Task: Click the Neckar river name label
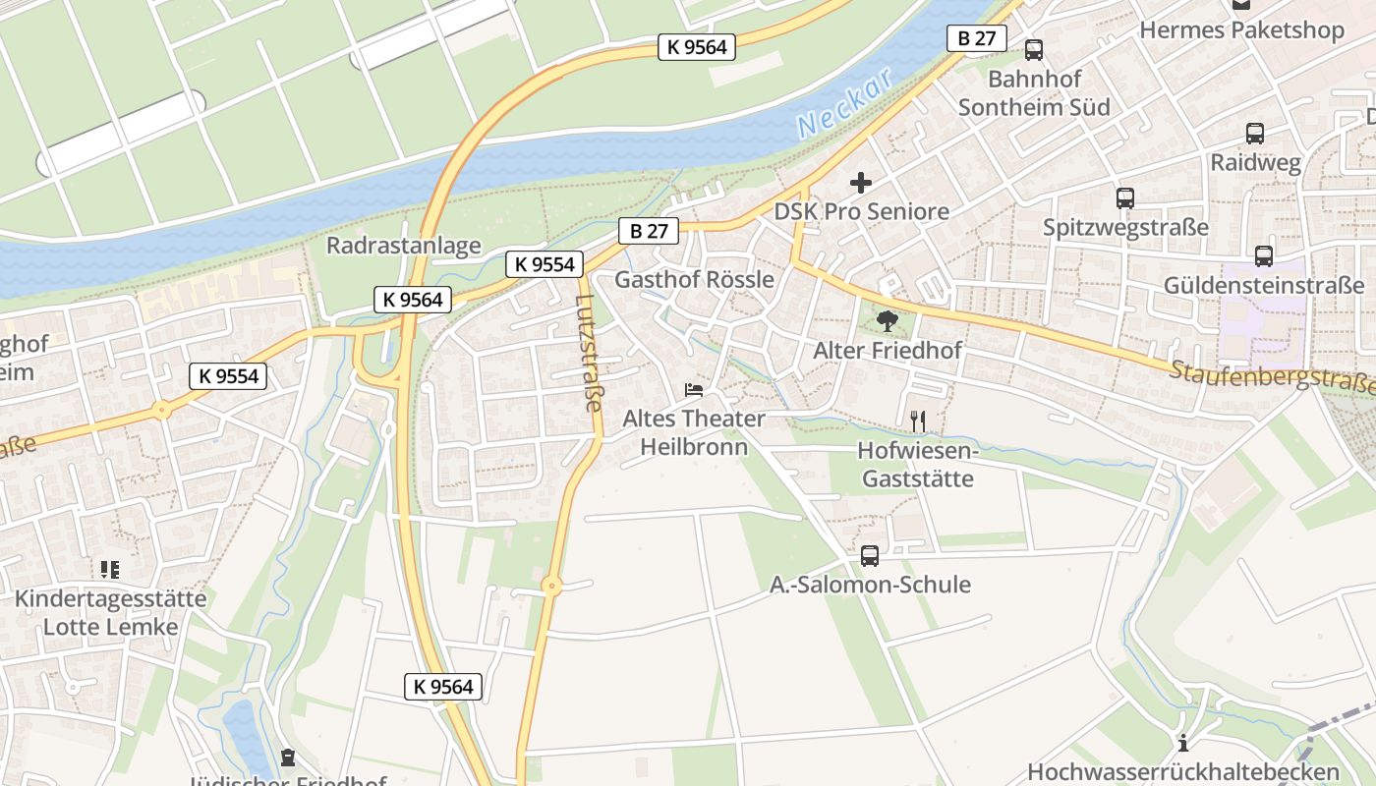coord(844,103)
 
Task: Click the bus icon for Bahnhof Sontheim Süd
coord(1033,50)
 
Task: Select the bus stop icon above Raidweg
coord(1254,134)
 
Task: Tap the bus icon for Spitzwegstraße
coord(1125,198)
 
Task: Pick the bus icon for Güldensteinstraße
coord(1264,256)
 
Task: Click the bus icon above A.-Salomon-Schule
coord(870,556)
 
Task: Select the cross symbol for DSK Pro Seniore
coord(861,183)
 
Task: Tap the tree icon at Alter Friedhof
coord(887,320)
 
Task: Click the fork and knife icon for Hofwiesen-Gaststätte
coord(918,421)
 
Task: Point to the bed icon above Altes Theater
coord(694,390)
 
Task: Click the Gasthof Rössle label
coord(694,280)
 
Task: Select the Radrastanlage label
coord(404,246)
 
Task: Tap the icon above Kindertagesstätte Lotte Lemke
coord(109,570)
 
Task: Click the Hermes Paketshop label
coord(1241,30)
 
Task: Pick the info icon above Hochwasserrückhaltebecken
coord(1183,743)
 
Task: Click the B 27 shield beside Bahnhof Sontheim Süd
coord(977,38)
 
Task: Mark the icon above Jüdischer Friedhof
coord(287,758)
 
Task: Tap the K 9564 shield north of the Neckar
coord(697,46)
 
